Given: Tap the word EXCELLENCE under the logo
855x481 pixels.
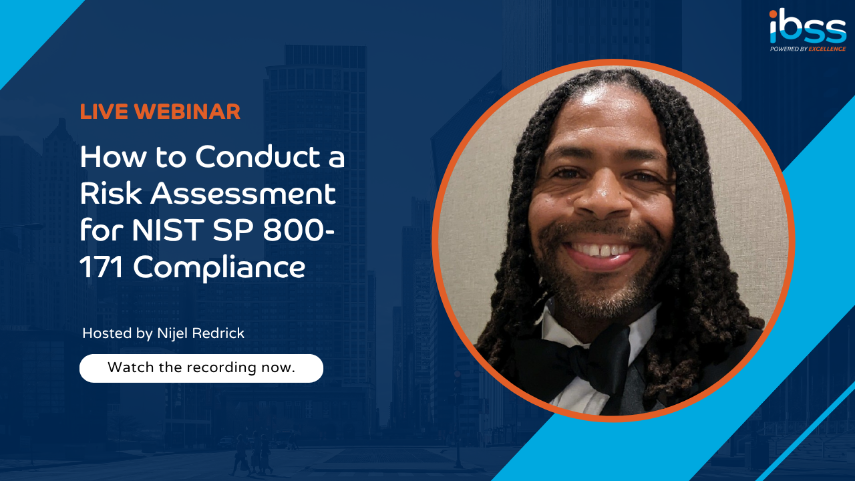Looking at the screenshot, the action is [827, 49].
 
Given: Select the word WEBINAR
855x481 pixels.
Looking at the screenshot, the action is [187, 112].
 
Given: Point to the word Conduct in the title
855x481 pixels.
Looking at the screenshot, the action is [258, 156].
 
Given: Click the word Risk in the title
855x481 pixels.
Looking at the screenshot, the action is [111, 193].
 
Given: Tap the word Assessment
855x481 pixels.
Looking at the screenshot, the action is [243, 193].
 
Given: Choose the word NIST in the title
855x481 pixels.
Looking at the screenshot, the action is [168, 230].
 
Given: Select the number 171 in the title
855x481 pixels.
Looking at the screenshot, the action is [101, 267].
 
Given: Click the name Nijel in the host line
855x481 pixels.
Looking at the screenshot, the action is [172, 333].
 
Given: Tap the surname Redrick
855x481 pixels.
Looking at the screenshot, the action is [218, 333].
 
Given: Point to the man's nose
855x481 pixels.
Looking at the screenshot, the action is [603, 194].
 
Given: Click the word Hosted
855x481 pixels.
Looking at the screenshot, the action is [108, 333].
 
